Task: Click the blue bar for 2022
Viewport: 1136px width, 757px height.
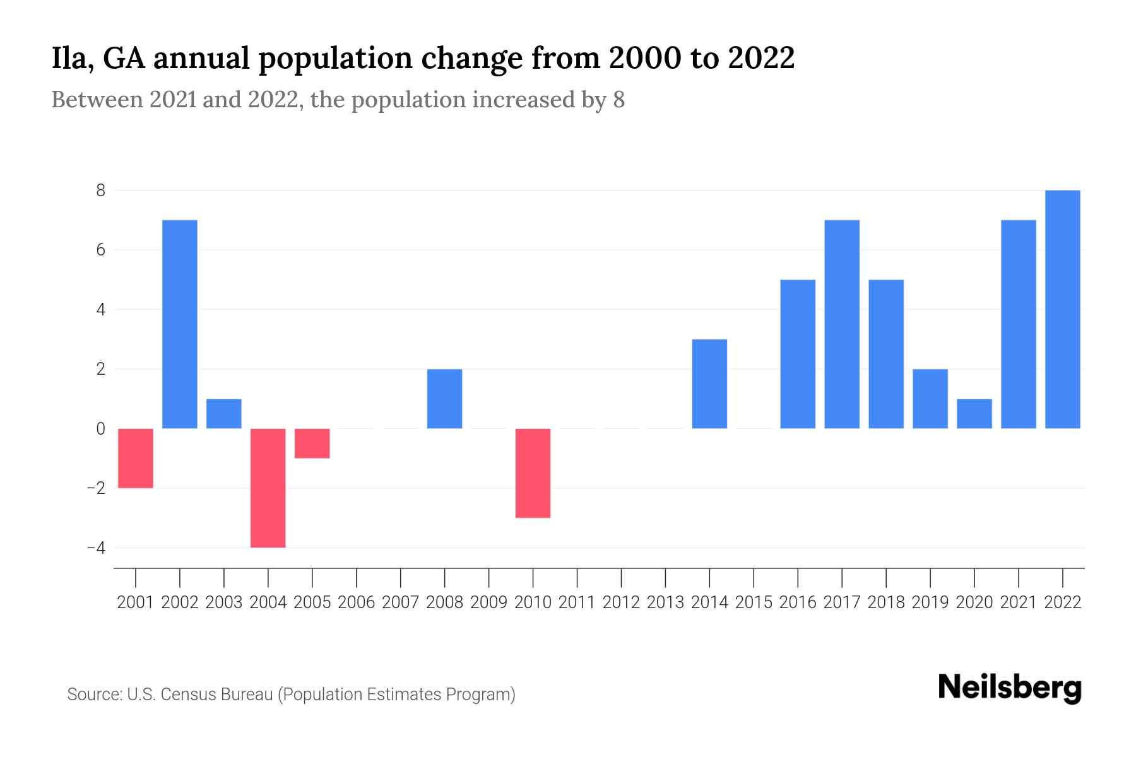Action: [x=1063, y=309]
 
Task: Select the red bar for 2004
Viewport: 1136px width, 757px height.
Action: [x=268, y=488]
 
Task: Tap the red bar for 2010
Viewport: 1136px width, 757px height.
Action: [x=533, y=473]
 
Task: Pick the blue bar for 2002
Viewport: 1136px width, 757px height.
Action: [x=180, y=324]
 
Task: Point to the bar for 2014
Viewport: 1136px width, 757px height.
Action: [x=709, y=384]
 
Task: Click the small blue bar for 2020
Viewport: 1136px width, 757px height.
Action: [x=974, y=414]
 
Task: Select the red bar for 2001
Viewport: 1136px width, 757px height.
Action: [x=136, y=458]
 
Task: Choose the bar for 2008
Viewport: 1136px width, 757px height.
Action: [x=444, y=399]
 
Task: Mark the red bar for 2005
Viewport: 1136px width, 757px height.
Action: [x=312, y=443]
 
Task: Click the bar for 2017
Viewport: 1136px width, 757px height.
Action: [x=842, y=324]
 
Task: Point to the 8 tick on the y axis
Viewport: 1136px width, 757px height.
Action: [x=100, y=191]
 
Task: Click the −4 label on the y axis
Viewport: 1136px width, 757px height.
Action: [x=96, y=548]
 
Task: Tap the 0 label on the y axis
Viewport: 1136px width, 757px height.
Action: [x=100, y=429]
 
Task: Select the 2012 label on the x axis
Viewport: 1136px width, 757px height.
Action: [x=621, y=602]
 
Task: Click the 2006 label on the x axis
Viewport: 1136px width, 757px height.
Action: [x=357, y=602]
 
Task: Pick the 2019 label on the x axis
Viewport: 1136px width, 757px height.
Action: [x=930, y=602]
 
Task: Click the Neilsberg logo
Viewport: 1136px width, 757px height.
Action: [x=1010, y=688]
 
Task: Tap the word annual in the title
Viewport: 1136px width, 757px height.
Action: [x=199, y=58]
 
